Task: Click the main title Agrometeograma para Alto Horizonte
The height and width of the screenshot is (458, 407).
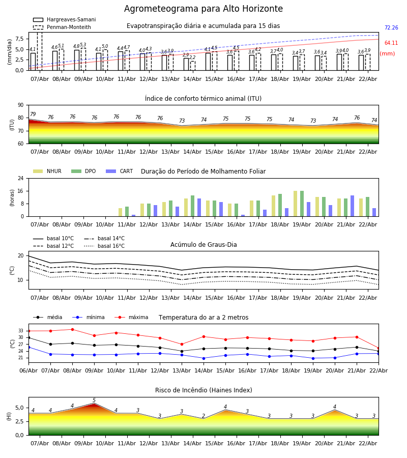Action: (x=203, y=9)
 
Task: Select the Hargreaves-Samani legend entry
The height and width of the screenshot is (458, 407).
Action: (x=64, y=20)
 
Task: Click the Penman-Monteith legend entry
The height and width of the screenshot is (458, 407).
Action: (x=63, y=27)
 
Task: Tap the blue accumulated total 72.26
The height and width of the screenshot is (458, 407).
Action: (x=391, y=28)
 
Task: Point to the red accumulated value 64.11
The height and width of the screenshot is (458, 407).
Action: (x=391, y=43)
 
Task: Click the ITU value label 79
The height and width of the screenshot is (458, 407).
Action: (x=33, y=115)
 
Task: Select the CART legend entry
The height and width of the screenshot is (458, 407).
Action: (x=119, y=171)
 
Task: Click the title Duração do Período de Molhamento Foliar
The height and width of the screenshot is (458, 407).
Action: (x=203, y=171)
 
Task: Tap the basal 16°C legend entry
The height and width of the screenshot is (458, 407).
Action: (x=104, y=246)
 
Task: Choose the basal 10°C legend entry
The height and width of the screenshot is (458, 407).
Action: (x=53, y=239)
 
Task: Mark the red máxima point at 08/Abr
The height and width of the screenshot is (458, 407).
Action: (x=72, y=329)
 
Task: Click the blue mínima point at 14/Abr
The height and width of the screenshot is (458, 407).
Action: (x=203, y=358)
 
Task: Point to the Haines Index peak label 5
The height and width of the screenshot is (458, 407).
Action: (x=94, y=400)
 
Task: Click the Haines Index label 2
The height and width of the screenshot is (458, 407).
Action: (x=203, y=416)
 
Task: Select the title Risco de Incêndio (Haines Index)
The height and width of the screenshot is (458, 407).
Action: (x=203, y=390)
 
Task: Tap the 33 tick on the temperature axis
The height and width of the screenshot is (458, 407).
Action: (x=21, y=331)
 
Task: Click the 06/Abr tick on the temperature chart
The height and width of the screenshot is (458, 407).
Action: (x=28, y=370)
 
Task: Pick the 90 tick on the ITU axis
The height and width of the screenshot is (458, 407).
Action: (x=21, y=105)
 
